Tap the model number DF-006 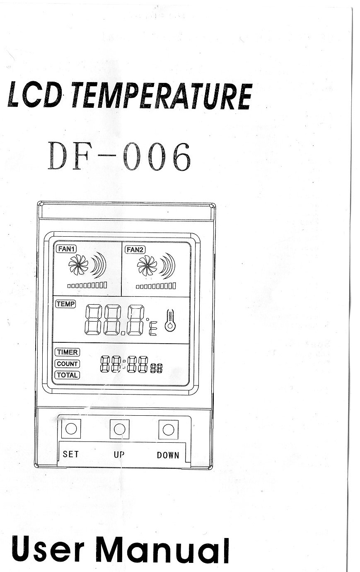coord(119,156)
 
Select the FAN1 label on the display coord(66,249)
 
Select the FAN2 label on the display coord(135,250)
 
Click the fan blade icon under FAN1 coord(78,265)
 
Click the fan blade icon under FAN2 coord(147,266)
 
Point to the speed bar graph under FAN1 coord(87,285)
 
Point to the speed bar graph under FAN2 coord(156,286)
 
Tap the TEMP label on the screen coord(66,304)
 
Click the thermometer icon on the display coord(170,320)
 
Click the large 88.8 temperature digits coord(114,320)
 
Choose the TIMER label coord(68,352)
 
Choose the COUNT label coord(68,364)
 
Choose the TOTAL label coord(68,375)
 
